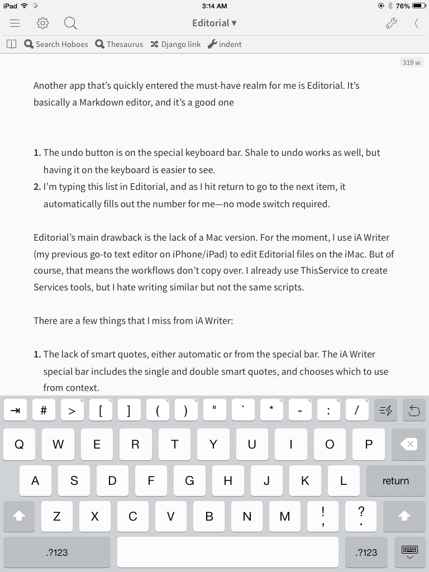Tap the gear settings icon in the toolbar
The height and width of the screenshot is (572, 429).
pyautogui.click(x=43, y=23)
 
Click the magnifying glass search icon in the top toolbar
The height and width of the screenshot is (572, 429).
pyautogui.click(x=70, y=23)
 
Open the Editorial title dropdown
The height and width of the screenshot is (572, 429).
pyautogui.click(x=214, y=23)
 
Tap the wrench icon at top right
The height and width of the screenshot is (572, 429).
pyautogui.click(x=391, y=23)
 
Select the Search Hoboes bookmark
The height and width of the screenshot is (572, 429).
pyautogui.click(x=56, y=44)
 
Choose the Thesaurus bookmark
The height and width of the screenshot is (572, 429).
pyautogui.click(x=119, y=44)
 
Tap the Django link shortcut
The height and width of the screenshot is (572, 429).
pyautogui.click(x=175, y=44)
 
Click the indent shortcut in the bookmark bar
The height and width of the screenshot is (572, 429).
pyautogui.click(x=225, y=44)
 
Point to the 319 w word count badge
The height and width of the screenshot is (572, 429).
pyautogui.click(x=411, y=63)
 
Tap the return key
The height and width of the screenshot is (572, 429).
pyautogui.click(x=395, y=481)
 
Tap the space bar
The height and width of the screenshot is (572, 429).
pyautogui.click(x=227, y=552)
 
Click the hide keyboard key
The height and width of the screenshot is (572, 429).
pyautogui.click(x=409, y=552)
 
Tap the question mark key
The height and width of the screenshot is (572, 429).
pyautogui.click(x=361, y=516)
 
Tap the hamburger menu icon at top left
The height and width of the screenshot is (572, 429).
pyautogui.click(x=15, y=23)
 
